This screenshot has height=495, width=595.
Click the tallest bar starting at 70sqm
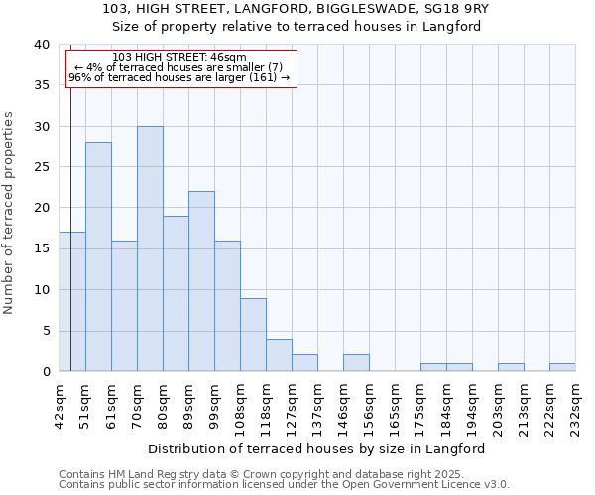pos(150,248)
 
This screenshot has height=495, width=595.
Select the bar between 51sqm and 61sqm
pos(98,256)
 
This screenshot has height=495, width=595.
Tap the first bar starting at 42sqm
pos(72,302)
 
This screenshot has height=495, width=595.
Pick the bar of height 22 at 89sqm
pos(201,281)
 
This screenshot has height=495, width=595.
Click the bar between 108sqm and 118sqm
pos(253,335)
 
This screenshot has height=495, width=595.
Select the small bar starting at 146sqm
pos(356,363)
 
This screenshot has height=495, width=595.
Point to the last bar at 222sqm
pos(562,367)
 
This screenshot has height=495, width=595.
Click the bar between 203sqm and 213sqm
pos(511,367)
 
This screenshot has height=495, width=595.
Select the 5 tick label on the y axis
pos(45,331)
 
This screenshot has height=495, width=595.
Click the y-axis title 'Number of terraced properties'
pos(9,212)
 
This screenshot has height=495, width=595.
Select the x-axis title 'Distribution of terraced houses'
pos(322,448)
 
